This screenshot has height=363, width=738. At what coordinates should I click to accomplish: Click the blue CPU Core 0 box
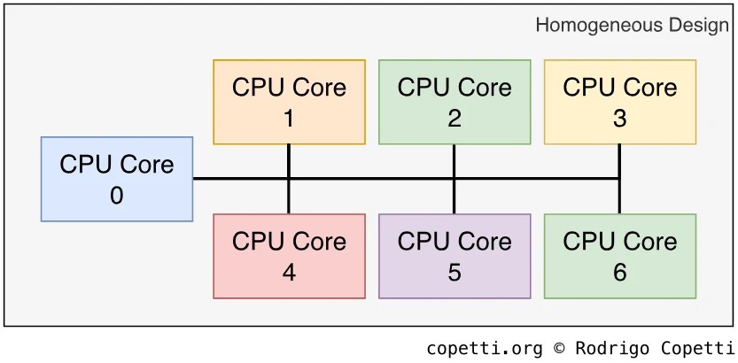click(117, 179)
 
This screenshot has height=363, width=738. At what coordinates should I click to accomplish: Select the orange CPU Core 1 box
click(289, 102)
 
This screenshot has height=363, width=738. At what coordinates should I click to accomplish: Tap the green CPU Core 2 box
click(454, 102)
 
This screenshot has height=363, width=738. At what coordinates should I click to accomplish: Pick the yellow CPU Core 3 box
click(619, 102)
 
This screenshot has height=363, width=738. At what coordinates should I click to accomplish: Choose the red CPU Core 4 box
click(289, 256)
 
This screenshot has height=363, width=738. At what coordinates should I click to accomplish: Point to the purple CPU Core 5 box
click(454, 256)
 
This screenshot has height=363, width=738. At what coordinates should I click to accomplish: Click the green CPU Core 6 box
click(619, 256)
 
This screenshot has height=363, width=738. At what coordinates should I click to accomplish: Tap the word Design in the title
click(697, 25)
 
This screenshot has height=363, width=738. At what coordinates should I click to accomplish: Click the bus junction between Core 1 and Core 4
click(289, 179)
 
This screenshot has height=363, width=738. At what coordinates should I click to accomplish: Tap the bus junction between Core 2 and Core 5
click(454, 179)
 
